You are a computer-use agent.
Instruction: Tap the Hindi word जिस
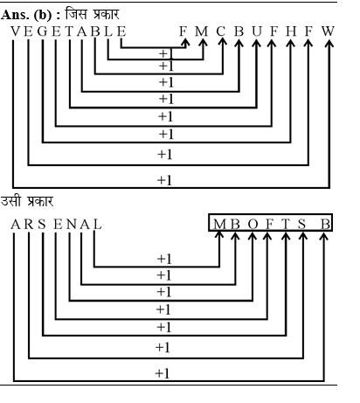pos(76,14)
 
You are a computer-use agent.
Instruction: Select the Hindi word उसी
pos(10,200)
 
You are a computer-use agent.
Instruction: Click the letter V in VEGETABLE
pos(16,31)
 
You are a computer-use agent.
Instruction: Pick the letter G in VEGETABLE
pos(43,31)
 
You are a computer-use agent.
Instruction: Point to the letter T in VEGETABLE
pos(69,31)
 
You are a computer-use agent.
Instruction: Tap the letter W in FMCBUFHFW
pos(328,31)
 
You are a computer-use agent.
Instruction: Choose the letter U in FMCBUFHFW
pos(257,31)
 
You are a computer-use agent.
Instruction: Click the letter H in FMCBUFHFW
pos(291,31)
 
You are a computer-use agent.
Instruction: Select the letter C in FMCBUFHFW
pos(221,31)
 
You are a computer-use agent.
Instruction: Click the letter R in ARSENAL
pos(29,225)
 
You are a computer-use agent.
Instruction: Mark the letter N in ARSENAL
pos(72,225)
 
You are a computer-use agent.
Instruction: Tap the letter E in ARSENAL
pos(58,225)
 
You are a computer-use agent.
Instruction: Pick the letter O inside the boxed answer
pos(253,225)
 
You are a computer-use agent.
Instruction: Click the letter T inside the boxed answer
pos(286,225)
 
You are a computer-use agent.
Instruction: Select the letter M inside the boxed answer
pos(219,225)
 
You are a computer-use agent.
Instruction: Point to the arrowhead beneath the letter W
pos(329,44)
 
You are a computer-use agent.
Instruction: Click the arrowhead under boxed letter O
pos(253,236)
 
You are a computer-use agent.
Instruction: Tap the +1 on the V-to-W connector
pos(164,180)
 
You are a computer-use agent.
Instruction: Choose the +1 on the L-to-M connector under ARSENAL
pos(164,259)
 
